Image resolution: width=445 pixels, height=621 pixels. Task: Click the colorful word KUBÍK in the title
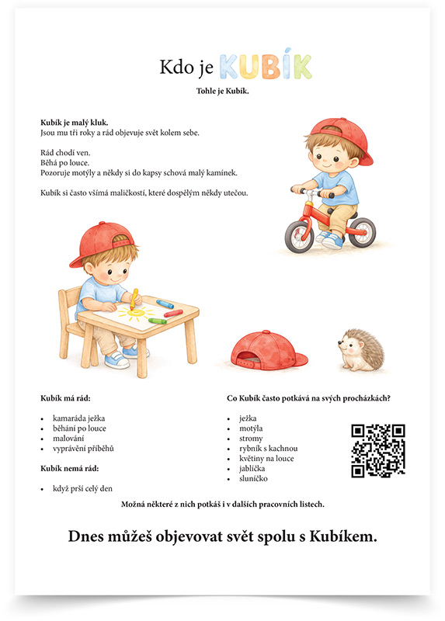pyautogui.click(x=266, y=68)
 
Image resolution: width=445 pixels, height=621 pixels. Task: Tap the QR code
pyautogui.click(x=378, y=450)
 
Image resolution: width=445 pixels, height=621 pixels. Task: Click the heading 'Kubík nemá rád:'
pyautogui.click(x=69, y=468)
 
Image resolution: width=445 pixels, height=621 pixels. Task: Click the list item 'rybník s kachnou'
pyautogui.click(x=268, y=448)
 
